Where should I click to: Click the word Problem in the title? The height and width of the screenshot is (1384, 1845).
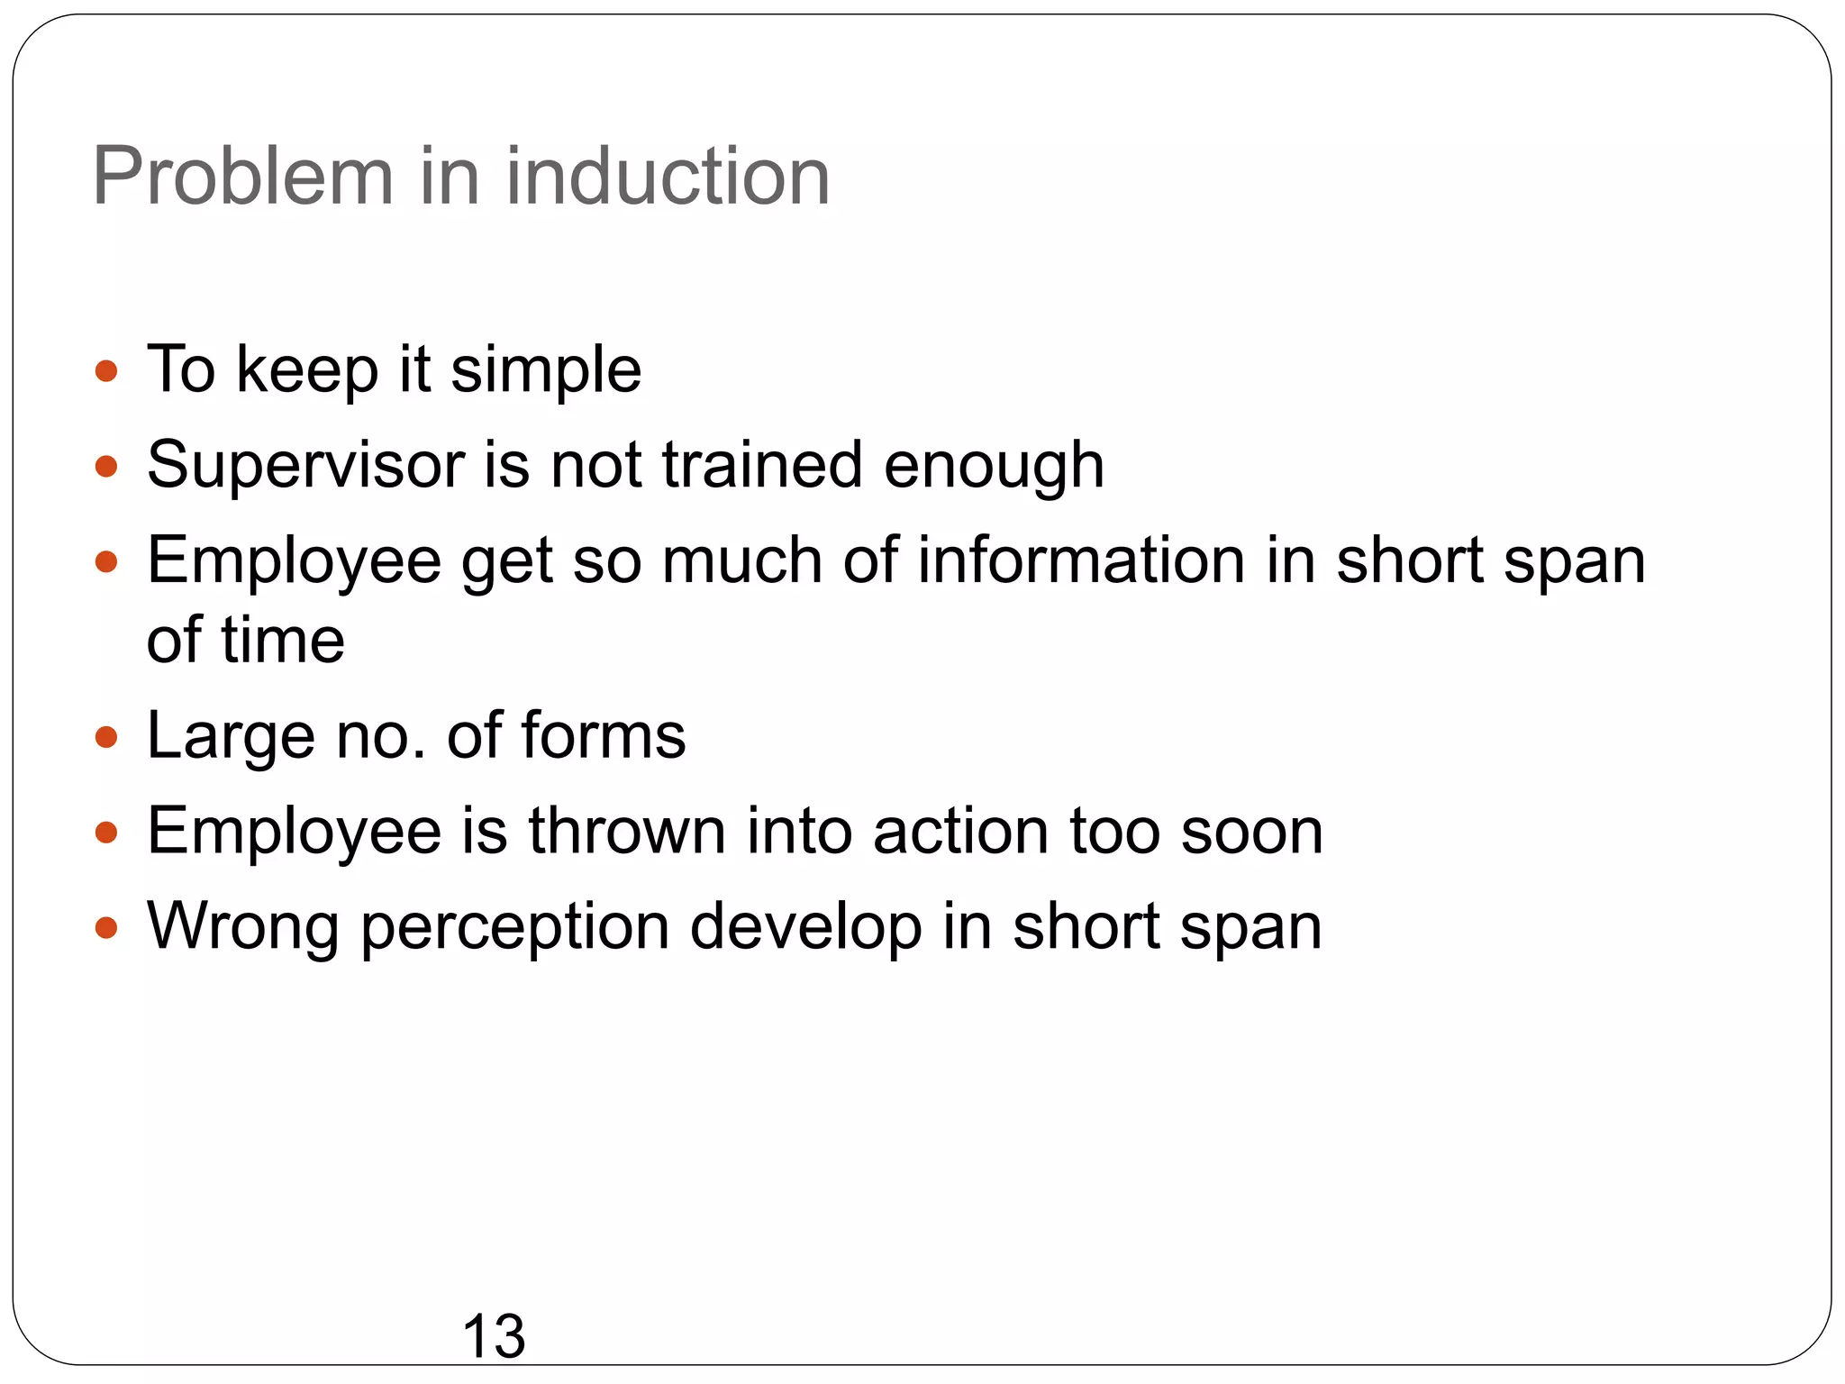click(x=243, y=177)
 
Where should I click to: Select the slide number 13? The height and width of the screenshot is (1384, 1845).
click(x=493, y=1335)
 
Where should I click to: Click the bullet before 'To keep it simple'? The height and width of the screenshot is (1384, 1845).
click(x=106, y=370)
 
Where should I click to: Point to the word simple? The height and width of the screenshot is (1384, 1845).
click(x=546, y=370)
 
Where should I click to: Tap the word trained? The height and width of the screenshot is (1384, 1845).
click(x=762, y=466)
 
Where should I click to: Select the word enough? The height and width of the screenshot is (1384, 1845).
click(x=994, y=466)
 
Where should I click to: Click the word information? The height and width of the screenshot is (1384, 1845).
click(x=1081, y=560)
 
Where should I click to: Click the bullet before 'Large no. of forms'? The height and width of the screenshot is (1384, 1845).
click(x=106, y=737)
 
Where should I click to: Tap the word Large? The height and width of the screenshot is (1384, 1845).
click(x=231, y=737)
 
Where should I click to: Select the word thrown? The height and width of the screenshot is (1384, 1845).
click(x=627, y=832)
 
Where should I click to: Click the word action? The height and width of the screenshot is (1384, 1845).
click(x=960, y=832)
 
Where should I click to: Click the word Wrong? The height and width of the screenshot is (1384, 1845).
click(x=243, y=927)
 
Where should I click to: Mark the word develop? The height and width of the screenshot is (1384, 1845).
click(x=805, y=927)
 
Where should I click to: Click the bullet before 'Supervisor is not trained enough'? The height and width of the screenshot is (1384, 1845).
click(x=106, y=466)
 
